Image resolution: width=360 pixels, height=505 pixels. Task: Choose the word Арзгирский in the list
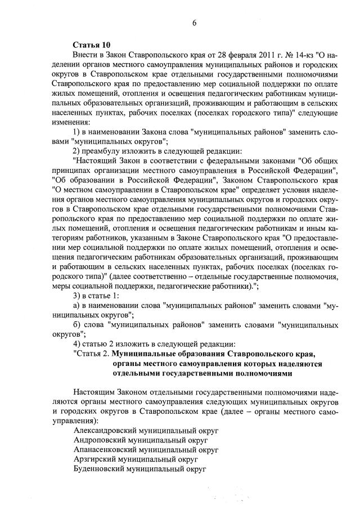94,459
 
